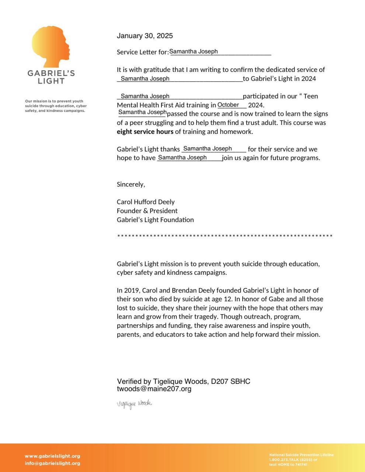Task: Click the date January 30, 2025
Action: tap(145, 36)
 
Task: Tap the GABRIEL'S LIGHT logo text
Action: tap(51, 77)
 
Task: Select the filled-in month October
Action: tap(228, 105)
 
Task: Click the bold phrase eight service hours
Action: tap(145, 132)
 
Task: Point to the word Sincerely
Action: tap(131, 184)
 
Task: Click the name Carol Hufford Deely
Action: tap(146, 202)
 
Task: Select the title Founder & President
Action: tap(147, 211)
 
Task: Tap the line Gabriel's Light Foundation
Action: tap(155, 220)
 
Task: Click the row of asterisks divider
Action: tap(225, 236)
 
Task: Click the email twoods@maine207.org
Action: tap(154, 389)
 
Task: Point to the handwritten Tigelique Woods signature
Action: tap(134, 404)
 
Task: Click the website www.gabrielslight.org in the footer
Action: tap(52, 456)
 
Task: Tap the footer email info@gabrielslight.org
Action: tap(52, 464)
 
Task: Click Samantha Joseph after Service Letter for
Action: tap(194, 52)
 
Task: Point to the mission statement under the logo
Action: tap(56, 106)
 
